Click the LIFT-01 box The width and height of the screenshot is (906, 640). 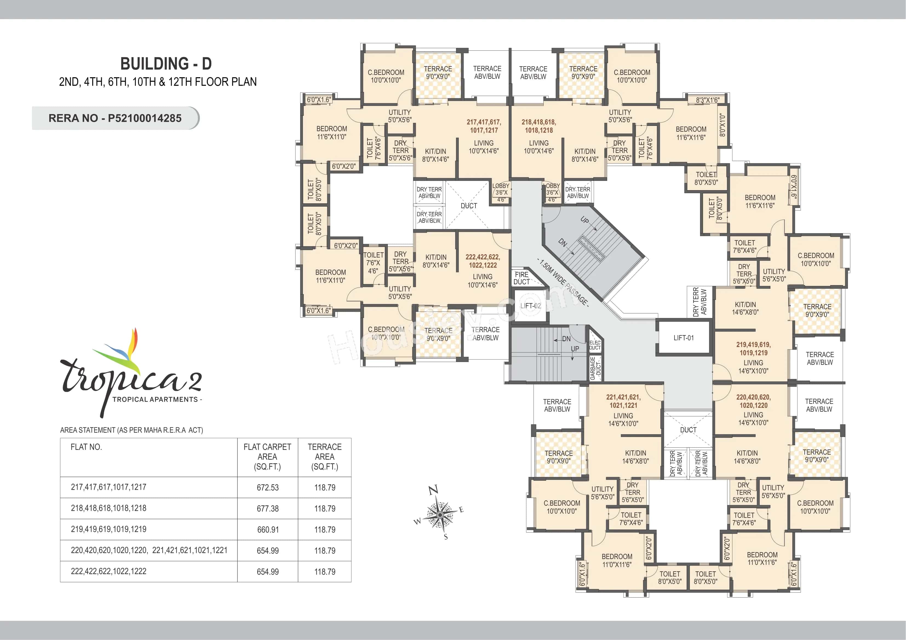pyautogui.click(x=683, y=338)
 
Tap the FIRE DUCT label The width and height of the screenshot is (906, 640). pyautogui.click(x=522, y=278)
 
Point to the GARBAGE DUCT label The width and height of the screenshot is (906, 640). pyautogui.click(x=595, y=368)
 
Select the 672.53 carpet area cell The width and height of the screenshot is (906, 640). pyautogui.click(x=268, y=487)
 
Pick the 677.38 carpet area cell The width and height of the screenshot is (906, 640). pyautogui.click(x=268, y=509)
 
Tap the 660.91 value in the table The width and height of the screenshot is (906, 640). pyautogui.click(x=268, y=529)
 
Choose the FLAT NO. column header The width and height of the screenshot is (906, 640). pyautogui.click(x=86, y=447)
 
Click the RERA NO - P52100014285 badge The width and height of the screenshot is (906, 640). pyautogui.click(x=115, y=118)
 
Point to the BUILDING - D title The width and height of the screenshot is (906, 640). pyautogui.click(x=166, y=64)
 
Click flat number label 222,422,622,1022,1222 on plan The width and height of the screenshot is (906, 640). pyautogui.click(x=483, y=261)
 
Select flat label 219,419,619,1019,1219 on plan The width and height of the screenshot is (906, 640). pyautogui.click(x=753, y=349)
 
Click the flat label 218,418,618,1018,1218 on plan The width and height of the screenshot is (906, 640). pyautogui.click(x=539, y=126)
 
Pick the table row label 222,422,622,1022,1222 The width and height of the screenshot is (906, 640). pyautogui.click(x=108, y=571)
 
